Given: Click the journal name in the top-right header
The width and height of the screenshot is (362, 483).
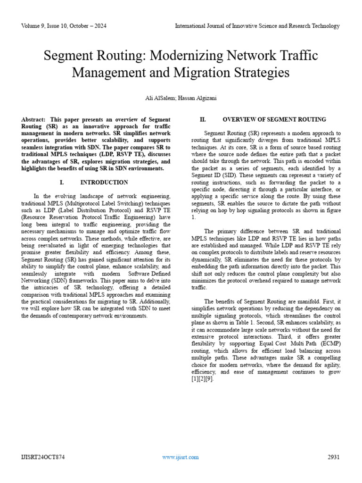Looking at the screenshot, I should (x=257, y=26).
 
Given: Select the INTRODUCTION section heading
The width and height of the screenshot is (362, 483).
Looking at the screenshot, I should (x=104, y=182).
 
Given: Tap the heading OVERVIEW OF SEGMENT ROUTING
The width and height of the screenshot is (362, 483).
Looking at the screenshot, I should (x=274, y=120).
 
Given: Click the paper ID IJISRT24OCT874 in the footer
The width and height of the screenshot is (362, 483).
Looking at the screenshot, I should (x=43, y=457).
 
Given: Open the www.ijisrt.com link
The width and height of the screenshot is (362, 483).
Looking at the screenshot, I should (x=180, y=457).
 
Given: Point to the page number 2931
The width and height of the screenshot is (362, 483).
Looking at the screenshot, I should (x=333, y=457).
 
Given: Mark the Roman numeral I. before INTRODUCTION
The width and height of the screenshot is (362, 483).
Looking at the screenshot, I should (x=62, y=182).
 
